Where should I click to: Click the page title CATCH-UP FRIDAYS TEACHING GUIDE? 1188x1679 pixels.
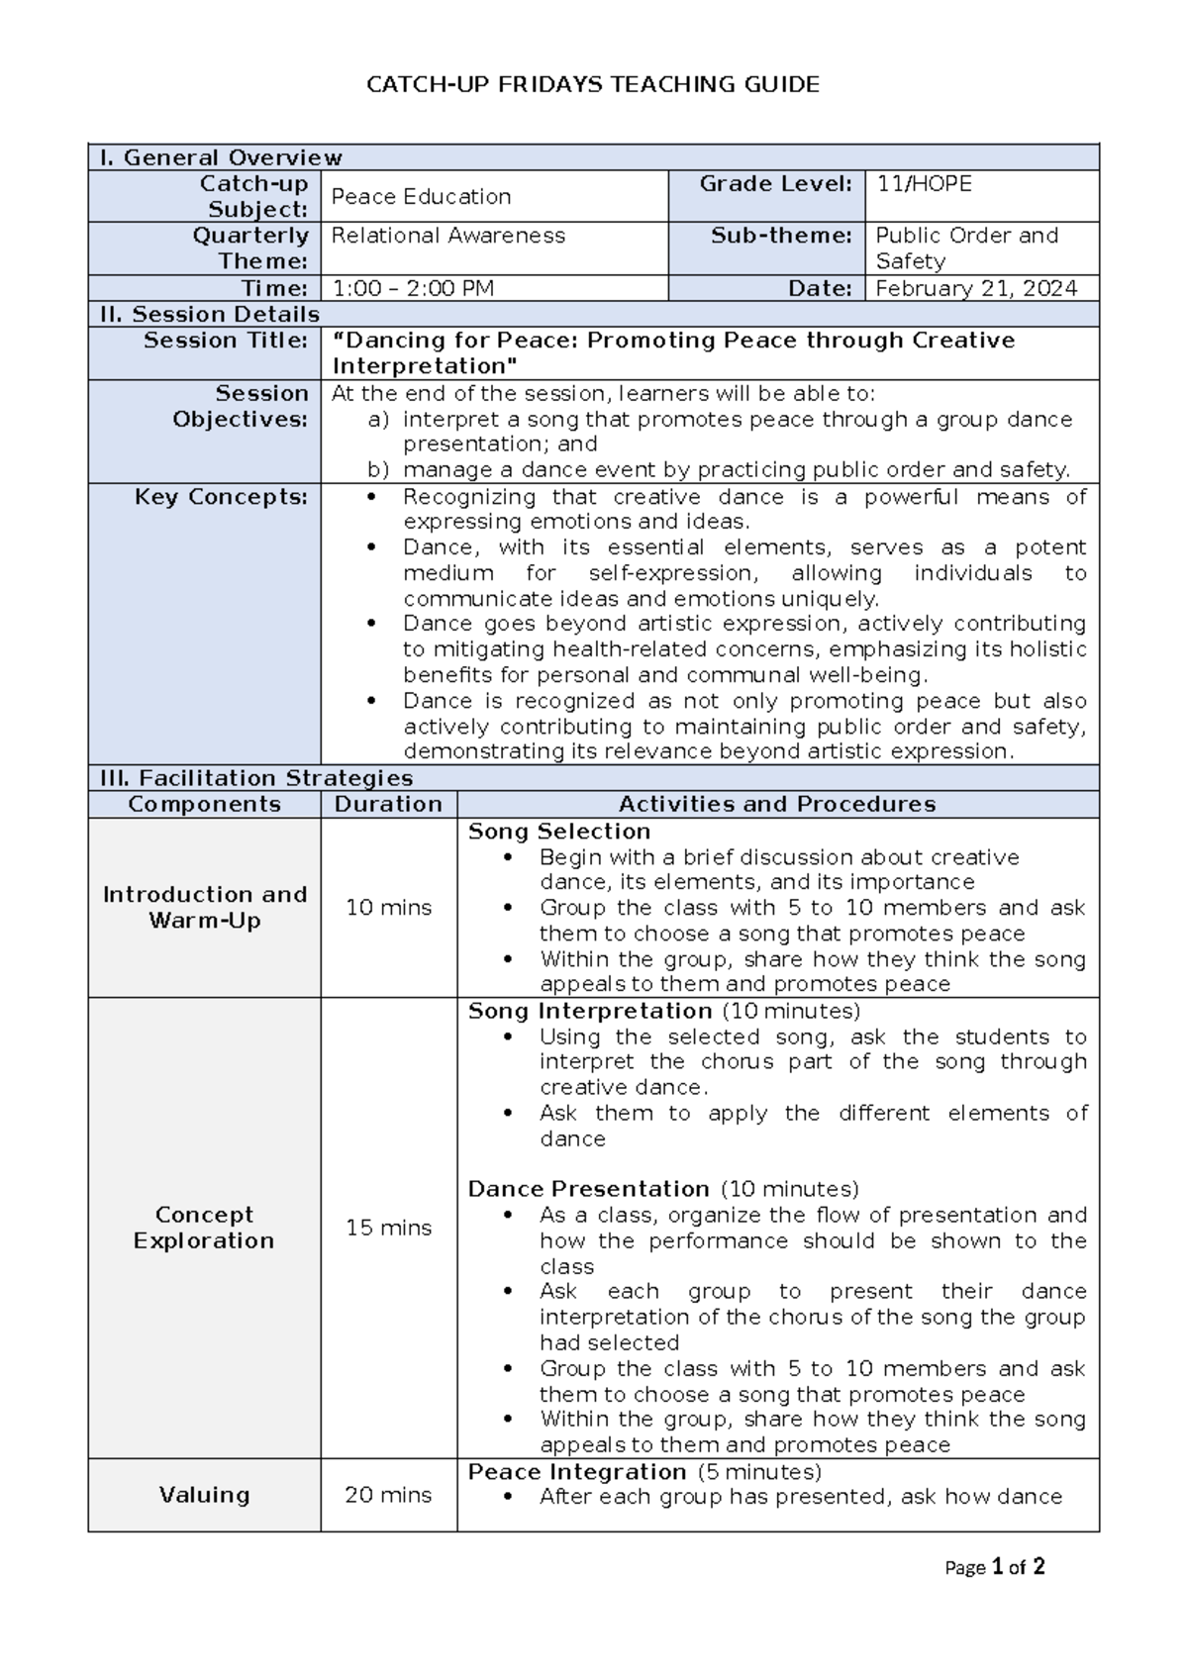(x=592, y=85)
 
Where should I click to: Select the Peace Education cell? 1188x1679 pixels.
(x=421, y=196)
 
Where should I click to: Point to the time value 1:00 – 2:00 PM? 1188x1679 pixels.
(x=413, y=288)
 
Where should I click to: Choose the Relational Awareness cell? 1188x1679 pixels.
(x=447, y=236)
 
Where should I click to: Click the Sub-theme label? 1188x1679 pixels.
(x=781, y=236)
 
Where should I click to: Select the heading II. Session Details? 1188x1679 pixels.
(x=209, y=314)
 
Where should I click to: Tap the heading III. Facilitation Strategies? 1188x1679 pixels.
(x=255, y=778)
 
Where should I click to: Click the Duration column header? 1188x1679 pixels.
(x=388, y=804)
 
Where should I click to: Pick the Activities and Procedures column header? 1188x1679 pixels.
(x=777, y=804)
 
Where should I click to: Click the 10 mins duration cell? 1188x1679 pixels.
(x=388, y=907)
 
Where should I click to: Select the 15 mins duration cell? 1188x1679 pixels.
(x=388, y=1228)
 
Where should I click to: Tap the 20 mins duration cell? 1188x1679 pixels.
(x=388, y=1495)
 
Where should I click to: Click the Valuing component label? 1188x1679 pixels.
(x=204, y=1495)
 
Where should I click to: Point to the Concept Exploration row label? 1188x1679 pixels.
(x=204, y=1228)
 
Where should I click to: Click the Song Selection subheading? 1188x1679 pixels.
(x=559, y=832)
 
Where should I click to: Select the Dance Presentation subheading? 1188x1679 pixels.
(x=588, y=1189)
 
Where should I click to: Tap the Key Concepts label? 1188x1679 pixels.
(x=221, y=497)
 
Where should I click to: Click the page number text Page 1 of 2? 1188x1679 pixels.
(x=995, y=1567)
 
